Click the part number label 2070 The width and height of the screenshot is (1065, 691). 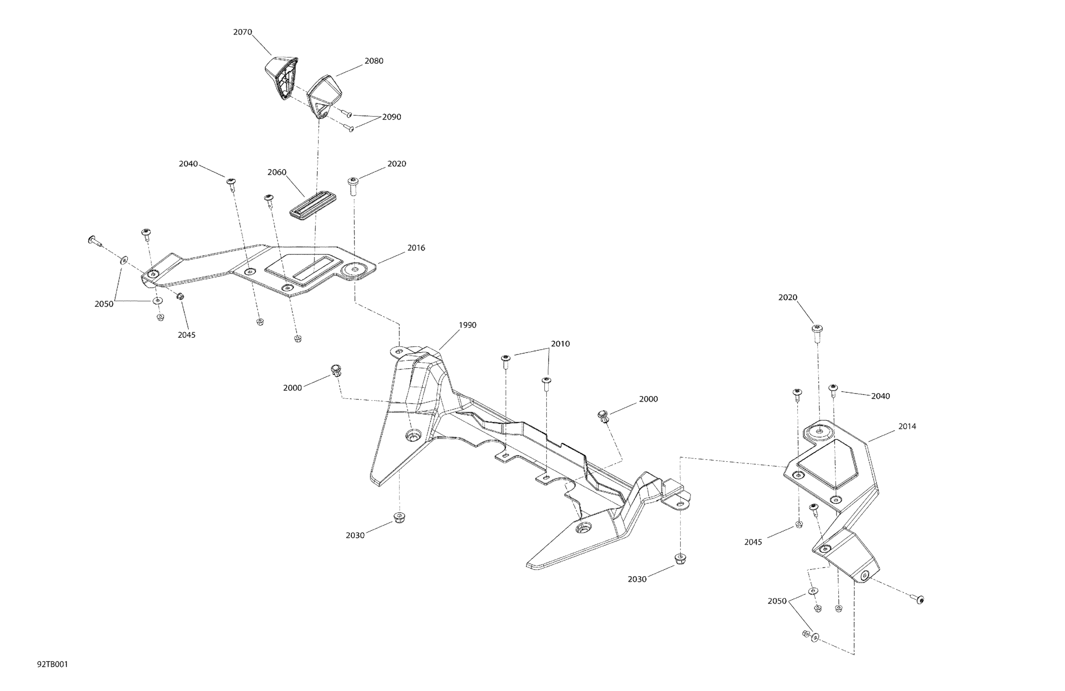point(242,32)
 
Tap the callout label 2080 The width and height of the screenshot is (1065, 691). point(374,61)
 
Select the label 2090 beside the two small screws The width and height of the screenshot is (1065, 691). point(392,117)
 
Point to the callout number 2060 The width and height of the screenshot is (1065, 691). point(277,172)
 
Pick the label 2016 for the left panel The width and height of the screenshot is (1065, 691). point(416,248)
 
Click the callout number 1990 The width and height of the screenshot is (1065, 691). point(467,325)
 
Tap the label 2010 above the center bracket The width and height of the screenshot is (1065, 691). point(560,344)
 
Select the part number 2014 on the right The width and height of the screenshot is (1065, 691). point(907,426)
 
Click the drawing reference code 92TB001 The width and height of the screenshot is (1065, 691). point(52,664)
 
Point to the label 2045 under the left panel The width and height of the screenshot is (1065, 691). point(186,335)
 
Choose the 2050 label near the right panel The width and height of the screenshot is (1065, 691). point(777,601)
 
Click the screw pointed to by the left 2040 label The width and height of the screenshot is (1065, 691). point(232,183)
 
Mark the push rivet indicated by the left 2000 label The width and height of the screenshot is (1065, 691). point(336,370)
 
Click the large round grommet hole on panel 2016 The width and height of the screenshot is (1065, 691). point(356,269)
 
